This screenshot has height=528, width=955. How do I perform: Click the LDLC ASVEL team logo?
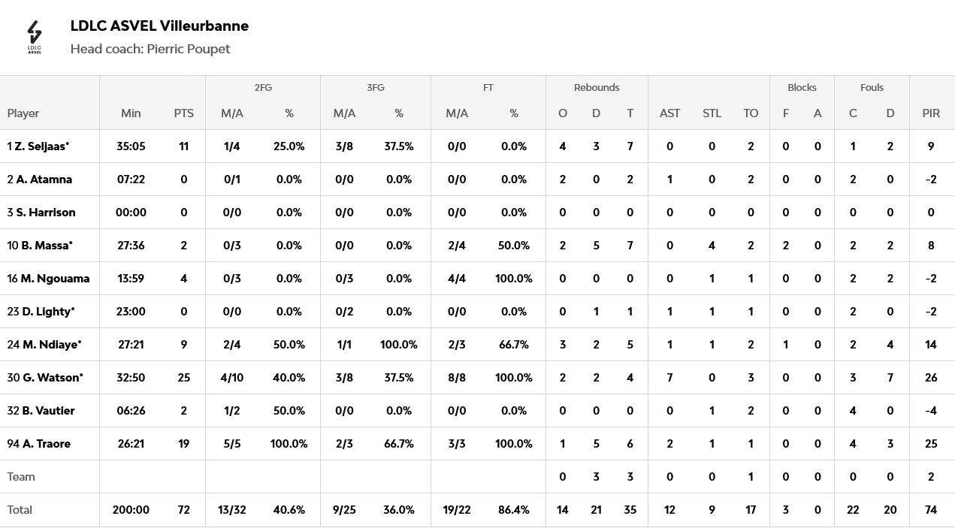(x=35, y=37)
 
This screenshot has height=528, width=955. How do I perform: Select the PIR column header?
(x=931, y=113)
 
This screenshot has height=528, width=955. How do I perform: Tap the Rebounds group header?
(x=597, y=88)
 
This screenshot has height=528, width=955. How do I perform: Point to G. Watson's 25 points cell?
(x=183, y=378)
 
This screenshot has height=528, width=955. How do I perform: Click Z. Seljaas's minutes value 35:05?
(x=131, y=146)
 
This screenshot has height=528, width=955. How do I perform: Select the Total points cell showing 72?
(x=183, y=510)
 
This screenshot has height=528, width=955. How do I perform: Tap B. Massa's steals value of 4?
(x=712, y=246)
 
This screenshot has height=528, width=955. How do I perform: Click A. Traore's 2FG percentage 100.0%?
(x=289, y=444)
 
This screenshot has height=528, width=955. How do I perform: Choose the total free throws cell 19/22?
(x=457, y=510)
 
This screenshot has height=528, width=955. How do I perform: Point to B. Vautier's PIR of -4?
(x=931, y=411)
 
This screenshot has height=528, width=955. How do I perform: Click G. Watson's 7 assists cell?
(x=669, y=378)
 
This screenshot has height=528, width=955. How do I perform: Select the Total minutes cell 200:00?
(x=131, y=510)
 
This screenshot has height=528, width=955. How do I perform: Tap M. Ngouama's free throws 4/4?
(x=457, y=279)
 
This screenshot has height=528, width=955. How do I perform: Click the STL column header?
(x=712, y=113)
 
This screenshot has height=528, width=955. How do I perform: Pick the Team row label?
(x=21, y=477)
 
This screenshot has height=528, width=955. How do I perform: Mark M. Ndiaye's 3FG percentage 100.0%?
(x=398, y=345)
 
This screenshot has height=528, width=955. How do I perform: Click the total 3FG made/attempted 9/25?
(x=344, y=510)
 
